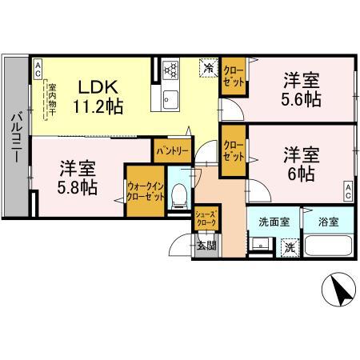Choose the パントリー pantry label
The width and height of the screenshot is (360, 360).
coord(172,150)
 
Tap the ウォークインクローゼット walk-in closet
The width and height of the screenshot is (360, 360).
coord(145,193)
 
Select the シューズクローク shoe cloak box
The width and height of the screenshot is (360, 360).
coord(206,217)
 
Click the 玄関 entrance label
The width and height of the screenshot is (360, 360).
coord(206,245)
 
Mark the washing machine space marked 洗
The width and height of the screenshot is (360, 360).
coord(289,248)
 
